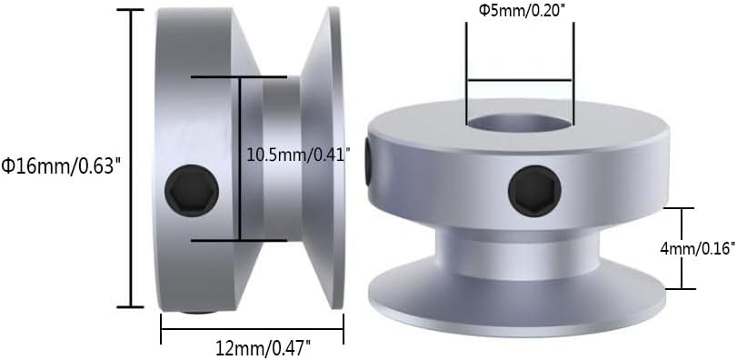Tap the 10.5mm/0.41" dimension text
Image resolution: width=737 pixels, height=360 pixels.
[x=298, y=155]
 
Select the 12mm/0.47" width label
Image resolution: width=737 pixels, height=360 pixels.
[x=264, y=349]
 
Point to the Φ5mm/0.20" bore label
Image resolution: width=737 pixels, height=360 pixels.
[x=520, y=10]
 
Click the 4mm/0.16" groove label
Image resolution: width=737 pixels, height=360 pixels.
[x=697, y=248]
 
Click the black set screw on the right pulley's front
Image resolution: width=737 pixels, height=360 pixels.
[x=535, y=191]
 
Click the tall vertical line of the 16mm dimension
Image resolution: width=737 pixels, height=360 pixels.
[x=130, y=158]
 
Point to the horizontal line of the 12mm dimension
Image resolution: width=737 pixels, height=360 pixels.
[x=252, y=329]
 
